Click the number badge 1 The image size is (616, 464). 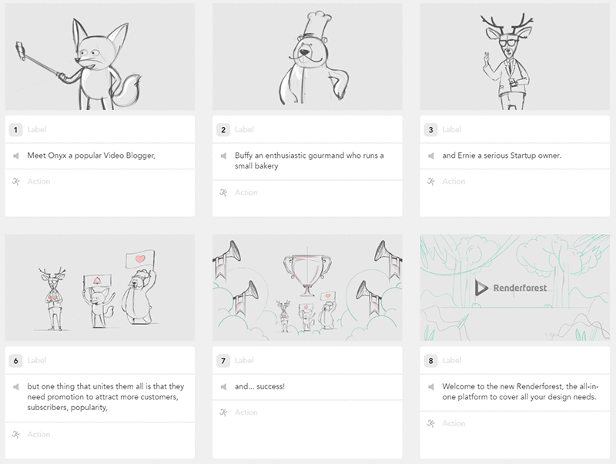(16, 129)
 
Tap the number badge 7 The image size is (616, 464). (223, 360)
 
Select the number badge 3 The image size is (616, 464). (431, 129)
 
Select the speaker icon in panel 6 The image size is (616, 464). (16, 386)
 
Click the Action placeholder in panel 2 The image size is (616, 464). (246, 192)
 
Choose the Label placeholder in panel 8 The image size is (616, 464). (453, 360)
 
